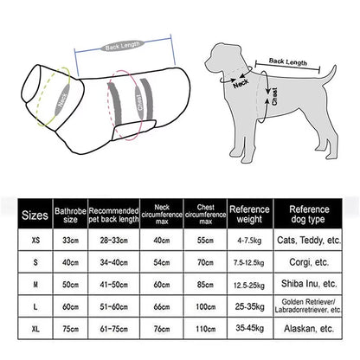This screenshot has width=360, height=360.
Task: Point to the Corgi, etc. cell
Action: tap(309, 260)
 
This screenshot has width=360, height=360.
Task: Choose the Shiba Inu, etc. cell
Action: tap(309, 283)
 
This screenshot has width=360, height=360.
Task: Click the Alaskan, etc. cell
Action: tap(309, 329)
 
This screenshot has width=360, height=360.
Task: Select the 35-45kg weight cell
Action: tap(249, 329)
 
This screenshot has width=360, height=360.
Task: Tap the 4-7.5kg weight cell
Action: tap(249, 238)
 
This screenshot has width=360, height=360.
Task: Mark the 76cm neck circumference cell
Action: tap(161, 329)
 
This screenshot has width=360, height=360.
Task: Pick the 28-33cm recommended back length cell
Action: tap(113, 238)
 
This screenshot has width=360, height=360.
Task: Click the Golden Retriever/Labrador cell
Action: tap(309, 305)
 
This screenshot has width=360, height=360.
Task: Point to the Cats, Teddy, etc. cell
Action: tap(309, 238)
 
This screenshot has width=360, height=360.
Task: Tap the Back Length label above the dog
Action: tap(287, 62)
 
